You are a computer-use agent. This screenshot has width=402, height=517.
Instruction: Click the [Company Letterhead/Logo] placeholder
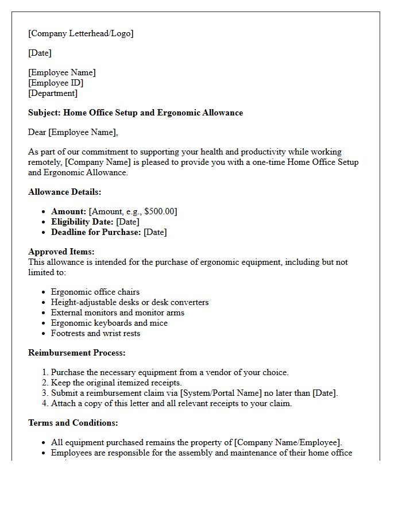point(80,33)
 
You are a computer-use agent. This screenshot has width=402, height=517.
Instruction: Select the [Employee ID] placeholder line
point(56,83)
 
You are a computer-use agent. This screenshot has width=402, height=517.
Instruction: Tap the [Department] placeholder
point(53,93)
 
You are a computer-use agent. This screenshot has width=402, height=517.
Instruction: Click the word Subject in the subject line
point(44,113)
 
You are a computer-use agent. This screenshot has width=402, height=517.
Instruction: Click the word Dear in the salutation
point(37,132)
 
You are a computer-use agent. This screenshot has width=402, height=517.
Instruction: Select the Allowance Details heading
point(64,192)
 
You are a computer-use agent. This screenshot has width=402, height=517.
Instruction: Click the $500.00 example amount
point(158,211)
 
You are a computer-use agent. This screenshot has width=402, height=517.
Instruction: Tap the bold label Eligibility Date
point(82,222)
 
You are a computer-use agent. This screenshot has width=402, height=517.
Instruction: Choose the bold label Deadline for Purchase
point(96,232)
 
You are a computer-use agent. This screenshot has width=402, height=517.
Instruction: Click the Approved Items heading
point(61,252)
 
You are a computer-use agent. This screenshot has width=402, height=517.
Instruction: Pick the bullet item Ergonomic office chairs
point(95,292)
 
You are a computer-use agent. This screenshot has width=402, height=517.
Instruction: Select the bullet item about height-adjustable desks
point(130,302)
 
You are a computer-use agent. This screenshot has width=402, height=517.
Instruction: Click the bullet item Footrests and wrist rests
point(95,333)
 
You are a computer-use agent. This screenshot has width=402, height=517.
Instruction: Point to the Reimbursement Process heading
point(76,353)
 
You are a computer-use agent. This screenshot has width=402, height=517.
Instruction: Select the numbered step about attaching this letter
point(171,403)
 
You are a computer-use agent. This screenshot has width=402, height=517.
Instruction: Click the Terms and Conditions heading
point(73,423)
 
